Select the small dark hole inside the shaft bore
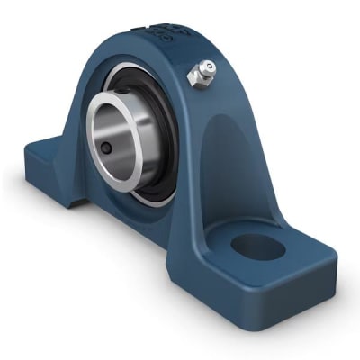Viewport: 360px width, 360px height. (106, 148)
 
